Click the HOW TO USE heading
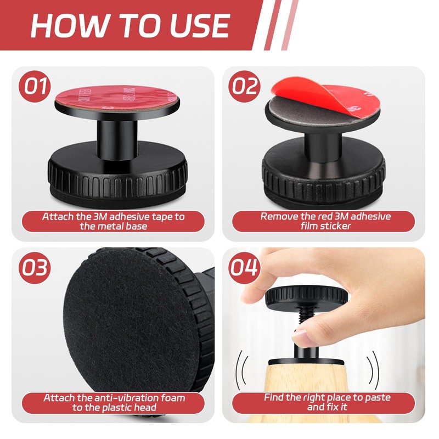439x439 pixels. click(130, 25)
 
